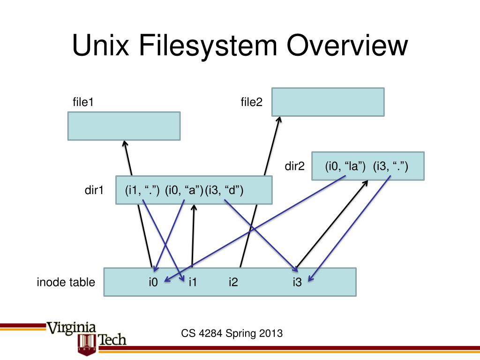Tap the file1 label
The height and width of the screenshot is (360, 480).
(83, 102)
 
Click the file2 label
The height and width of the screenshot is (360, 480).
(251, 102)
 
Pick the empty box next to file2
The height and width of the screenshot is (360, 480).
(328, 102)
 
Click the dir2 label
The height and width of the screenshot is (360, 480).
(295, 166)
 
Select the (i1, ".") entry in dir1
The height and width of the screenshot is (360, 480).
(142, 190)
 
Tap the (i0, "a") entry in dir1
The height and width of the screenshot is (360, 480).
(183, 190)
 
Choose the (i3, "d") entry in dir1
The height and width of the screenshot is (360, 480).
(224, 190)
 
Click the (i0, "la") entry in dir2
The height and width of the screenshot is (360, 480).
(345, 166)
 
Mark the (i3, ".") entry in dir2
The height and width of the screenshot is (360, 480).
(390, 166)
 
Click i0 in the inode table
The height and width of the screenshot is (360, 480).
(153, 282)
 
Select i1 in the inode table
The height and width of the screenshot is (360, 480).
(192, 282)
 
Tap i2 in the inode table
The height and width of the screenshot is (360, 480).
(233, 282)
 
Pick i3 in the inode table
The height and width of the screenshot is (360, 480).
(297, 282)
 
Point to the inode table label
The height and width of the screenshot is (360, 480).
(66, 282)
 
